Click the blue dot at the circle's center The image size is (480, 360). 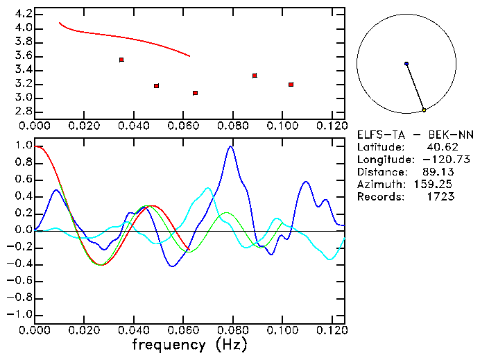pyautogui.click(x=406, y=64)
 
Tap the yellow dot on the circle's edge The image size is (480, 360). pyautogui.click(x=424, y=110)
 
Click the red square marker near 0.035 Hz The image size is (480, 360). pyautogui.click(x=121, y=60)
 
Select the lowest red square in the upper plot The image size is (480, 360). pyautogui.click(x=196, y=93)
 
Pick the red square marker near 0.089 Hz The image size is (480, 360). pyautogui.click(x=255, y=76)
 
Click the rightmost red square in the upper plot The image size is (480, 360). pyautogui.click(x=291, y=85)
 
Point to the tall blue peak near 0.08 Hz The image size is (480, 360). pyautogui.click(x=230, y=146)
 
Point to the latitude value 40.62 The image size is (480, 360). pyautogui.click(x=440, y=147)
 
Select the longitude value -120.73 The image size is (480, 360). pyautogui.click(x=435, y=160)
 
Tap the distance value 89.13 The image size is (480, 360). pyautogui.click(x=437, y=172)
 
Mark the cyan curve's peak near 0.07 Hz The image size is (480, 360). pyautogui.click(x=207, y=188)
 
